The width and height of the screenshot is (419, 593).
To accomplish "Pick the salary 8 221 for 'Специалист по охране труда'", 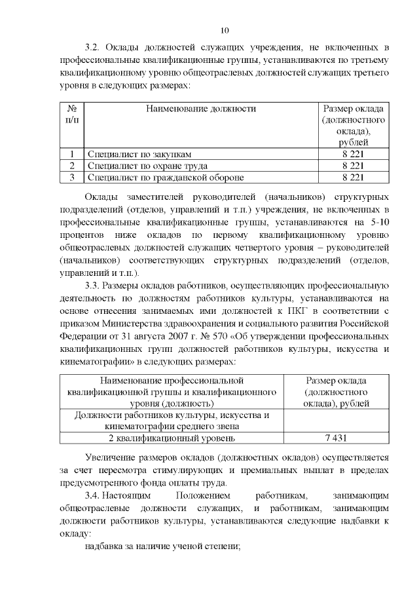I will (x=354, y=165).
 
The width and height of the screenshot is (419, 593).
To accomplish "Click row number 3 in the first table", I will (x=72, y=177).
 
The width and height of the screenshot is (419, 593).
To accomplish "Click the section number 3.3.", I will (x=94, y=285).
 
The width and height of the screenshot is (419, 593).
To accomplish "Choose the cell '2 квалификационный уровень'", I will (x=172, y=438).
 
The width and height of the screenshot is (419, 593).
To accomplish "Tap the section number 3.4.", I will (x=94, y=495).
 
